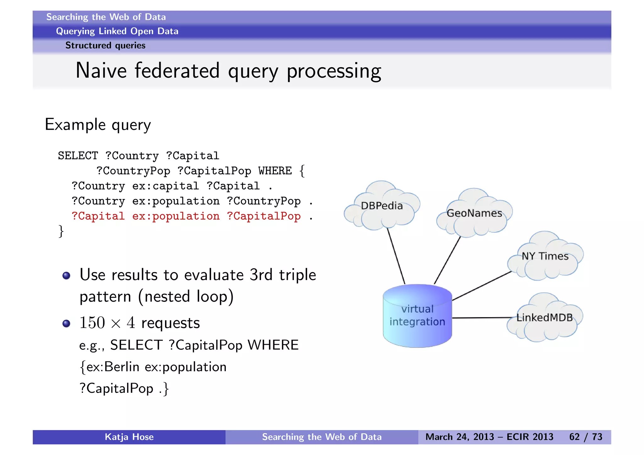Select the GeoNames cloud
click(x=474, y=214)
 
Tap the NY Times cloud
click(x=545, y=256)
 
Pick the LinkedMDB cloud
click(x=544, y=318)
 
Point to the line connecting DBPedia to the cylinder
click(x=396, y=256)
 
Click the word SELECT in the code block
click(x=78, y=156)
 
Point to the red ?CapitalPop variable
click(x=264, y=216)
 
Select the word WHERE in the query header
click(x=275, y=171)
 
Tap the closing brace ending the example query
click(x=61, y=232)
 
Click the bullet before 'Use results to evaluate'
click(x=66, y=276)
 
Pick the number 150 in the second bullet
click(x=92, y=323)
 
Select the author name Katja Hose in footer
click(x=129, y=437)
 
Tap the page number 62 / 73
click(x=586, y=437)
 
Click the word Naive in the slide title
click(x=101, y=71)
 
